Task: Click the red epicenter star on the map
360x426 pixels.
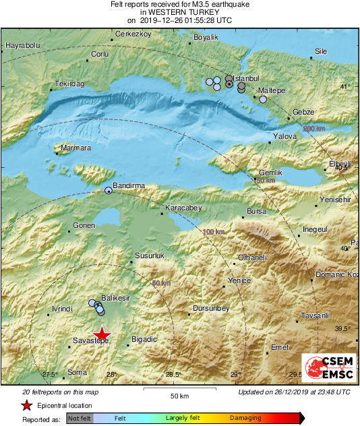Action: tap(102, 334)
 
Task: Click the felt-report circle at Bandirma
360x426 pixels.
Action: tap(108, 191)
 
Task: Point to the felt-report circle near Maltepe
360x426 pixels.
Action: tap(263, 100)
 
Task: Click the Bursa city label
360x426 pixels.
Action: tap(257, 211)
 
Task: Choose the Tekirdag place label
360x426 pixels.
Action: tap(69, 84)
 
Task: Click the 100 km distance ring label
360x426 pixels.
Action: tap(213, 232)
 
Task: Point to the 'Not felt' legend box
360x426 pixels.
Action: tap(79, 418)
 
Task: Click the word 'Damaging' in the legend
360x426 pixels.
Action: tap(245, 418)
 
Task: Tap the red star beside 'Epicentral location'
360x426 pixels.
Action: tap(26, 405)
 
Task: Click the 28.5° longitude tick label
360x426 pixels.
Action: tap(174, 375)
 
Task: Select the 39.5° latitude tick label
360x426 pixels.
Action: tap(342, 328)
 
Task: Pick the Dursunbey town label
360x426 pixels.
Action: tap(211, 308)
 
